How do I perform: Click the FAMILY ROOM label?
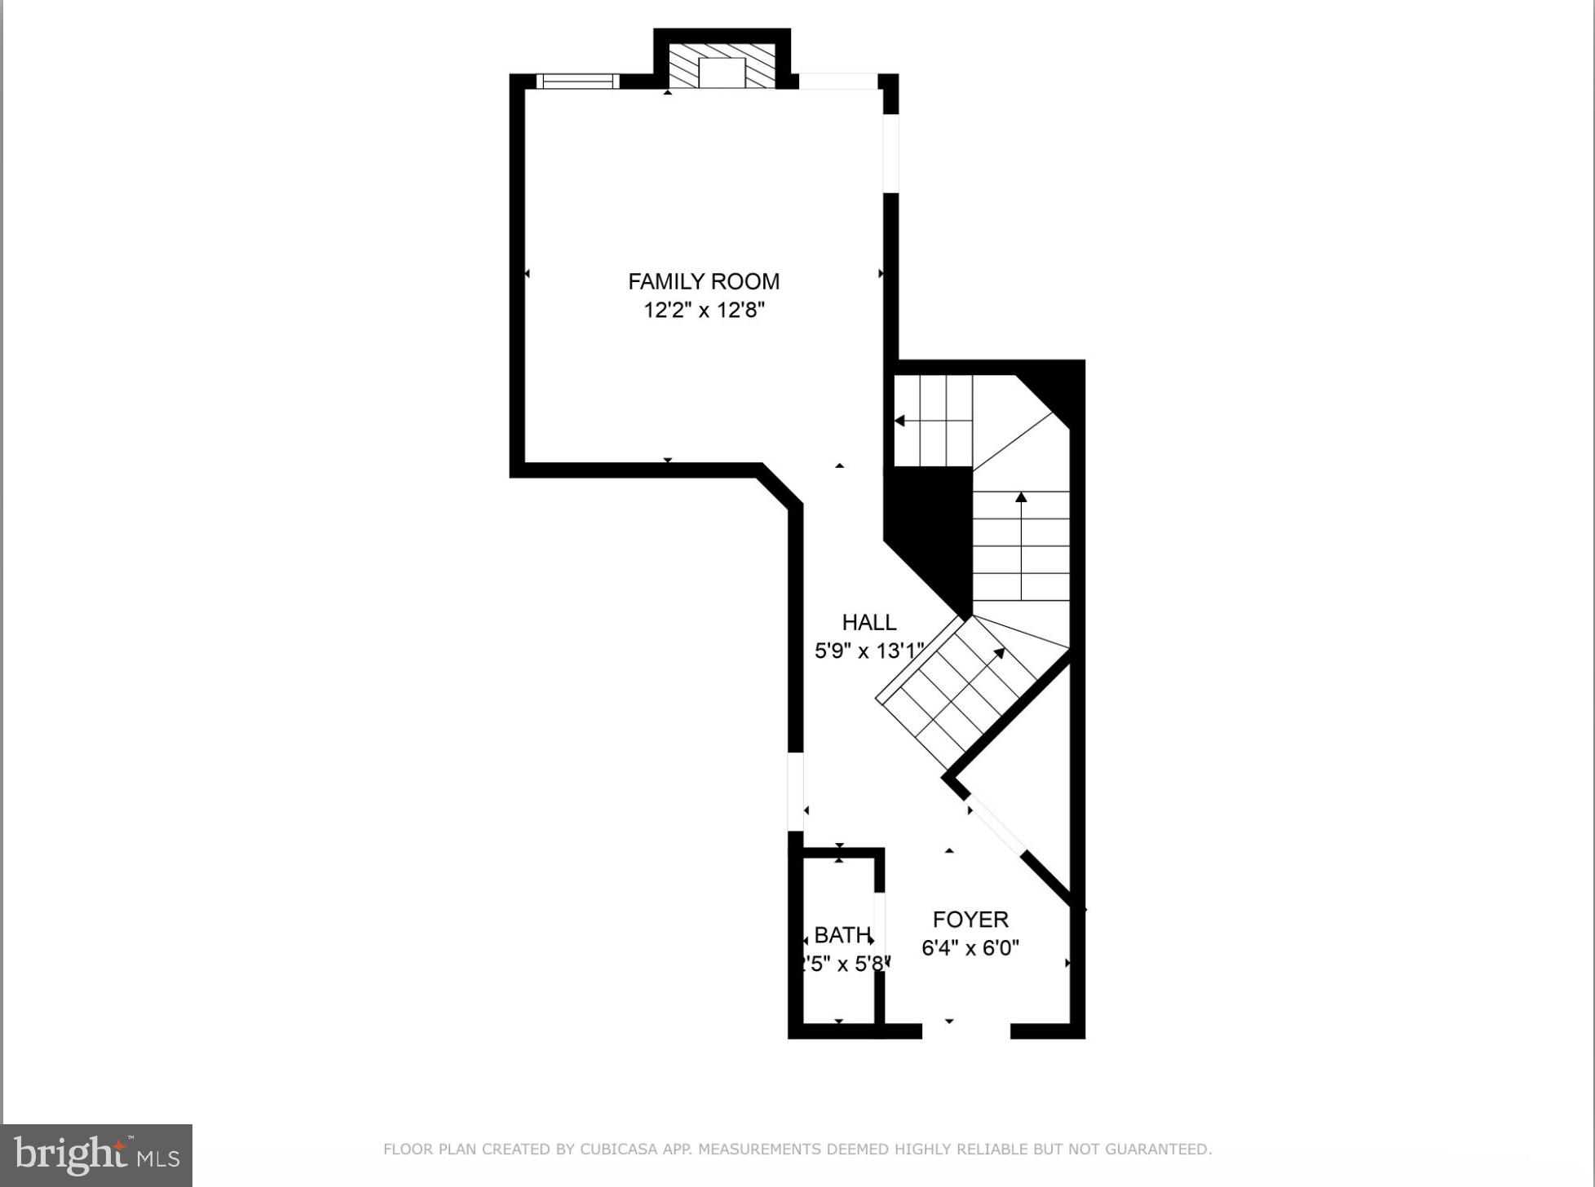pyautogui.click(x=703, y=281)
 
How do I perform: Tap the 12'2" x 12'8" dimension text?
pyautogui.click(x=704, y=311)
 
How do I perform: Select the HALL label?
pyautogui.click(x=868, y=622)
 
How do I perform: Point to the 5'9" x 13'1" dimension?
pyautogui.click(x=868, y=651)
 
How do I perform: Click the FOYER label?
pyautogui.click(x=970, y=920)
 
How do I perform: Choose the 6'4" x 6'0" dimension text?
pyautogui.click(x=970, y=948)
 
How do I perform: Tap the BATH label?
pyautogui.click(x=842, y=935)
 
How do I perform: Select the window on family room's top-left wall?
pyautogui.click(x=577, y=81)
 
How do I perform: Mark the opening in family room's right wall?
pyautogui.click(x=890, y=153)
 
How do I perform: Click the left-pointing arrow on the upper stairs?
pyautogui.click(x=900, y=421)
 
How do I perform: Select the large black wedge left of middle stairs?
pyautogui.click(x=934, y=530)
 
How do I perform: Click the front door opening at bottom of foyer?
pyautogui.click(x=965, y=1031)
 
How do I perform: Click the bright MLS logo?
pyautogui.click(x=96, y=1155)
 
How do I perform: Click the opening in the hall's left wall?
pyautogui.click(x=795, y=791)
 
